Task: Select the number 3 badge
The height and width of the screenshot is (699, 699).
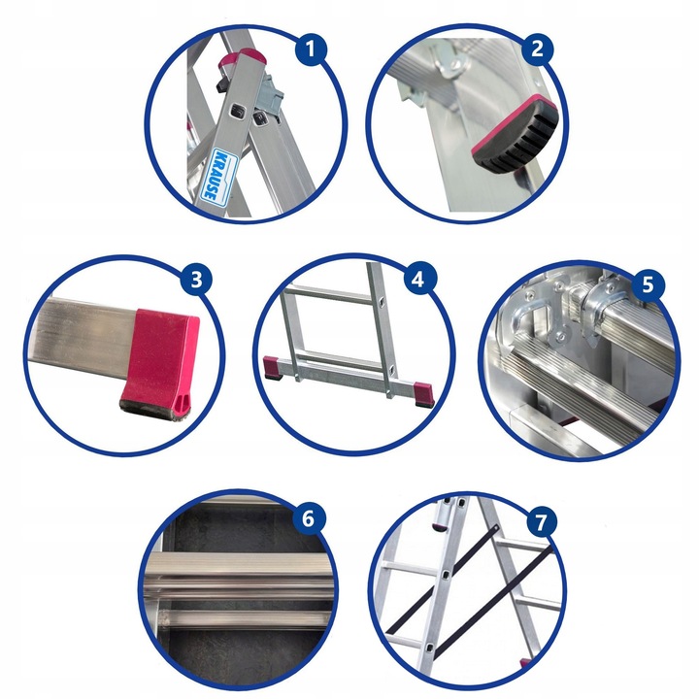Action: (x=198, y=282)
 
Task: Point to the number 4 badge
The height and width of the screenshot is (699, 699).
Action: (x=418, y=281)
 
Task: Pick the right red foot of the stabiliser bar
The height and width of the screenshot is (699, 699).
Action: (x=424, y=392)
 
